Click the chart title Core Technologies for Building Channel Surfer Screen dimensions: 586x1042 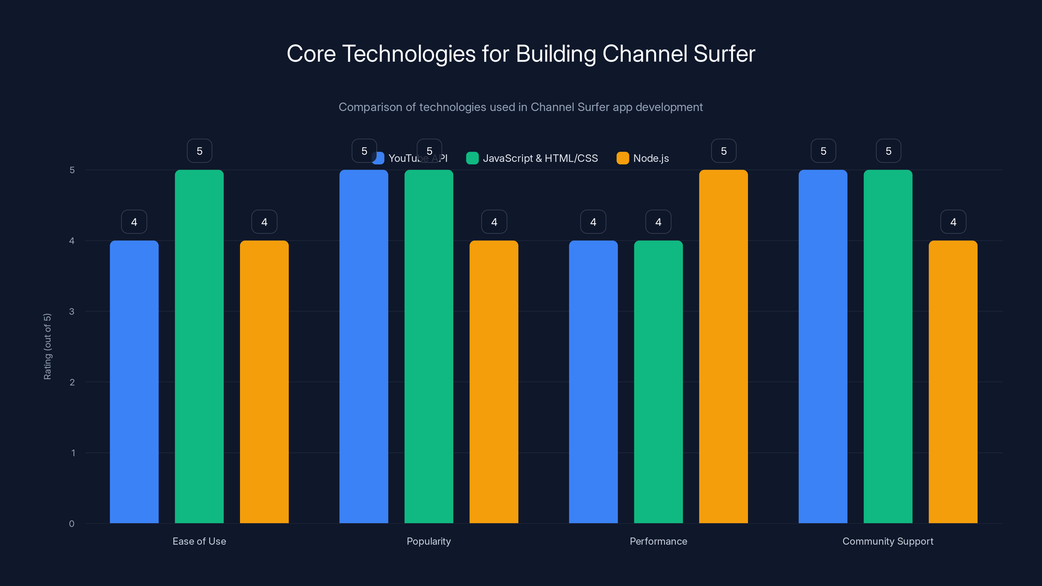tap(521, 54)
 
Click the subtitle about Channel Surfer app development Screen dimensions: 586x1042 tap(521, 107)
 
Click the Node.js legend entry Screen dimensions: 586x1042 tap(651, 158)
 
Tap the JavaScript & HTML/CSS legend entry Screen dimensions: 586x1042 tap(540, 158)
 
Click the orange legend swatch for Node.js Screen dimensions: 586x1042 tap(623, 158)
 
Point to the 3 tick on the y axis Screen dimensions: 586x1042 tap(72, 312)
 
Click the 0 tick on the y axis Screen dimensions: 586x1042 tap(72, 524)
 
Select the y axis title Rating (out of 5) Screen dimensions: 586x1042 tap(47, 347)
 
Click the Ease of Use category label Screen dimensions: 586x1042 tap(199, 541)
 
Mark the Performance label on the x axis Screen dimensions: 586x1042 tap(658, 541)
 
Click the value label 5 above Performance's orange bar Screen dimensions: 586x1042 tap(723, 151)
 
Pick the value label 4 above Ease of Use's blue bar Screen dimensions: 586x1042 tap(134, 222)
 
